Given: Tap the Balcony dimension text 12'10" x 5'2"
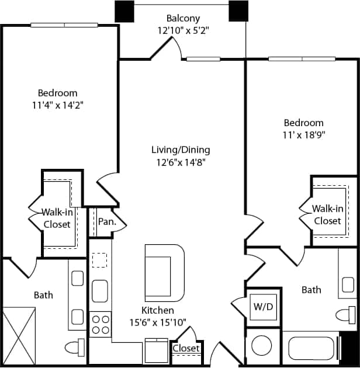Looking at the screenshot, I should (183, 30).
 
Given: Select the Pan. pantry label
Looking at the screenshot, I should (107, 222).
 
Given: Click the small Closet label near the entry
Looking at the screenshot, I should (186, 349).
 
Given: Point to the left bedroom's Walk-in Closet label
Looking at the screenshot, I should (57, 218).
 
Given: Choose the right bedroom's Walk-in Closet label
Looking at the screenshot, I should (327, 214).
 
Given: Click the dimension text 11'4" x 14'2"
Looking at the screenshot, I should (57, 105).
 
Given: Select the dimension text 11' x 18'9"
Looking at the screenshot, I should (303, 135).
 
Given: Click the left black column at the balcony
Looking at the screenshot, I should (124, 11).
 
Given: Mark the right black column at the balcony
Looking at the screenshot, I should (238, 11).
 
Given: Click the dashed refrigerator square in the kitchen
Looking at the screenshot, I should (100, 259).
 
